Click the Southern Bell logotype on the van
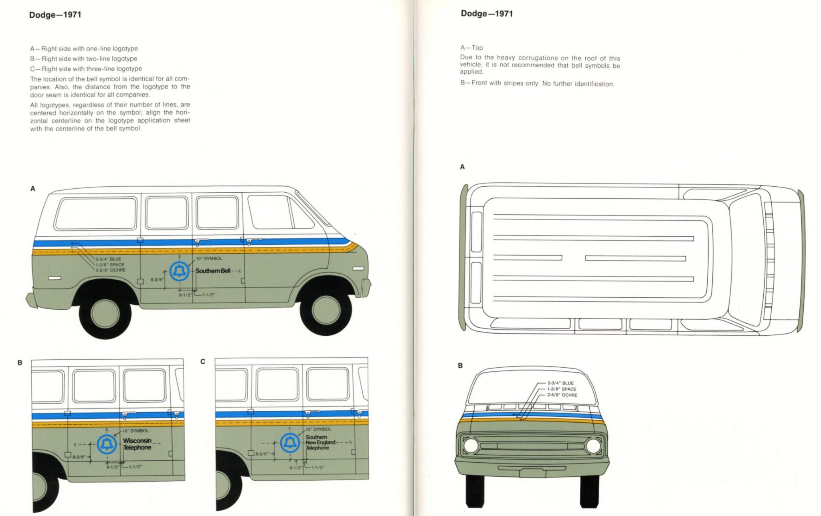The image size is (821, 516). point(213,271)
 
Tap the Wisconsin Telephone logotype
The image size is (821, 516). point(137,444)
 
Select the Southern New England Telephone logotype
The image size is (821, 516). point(320,442)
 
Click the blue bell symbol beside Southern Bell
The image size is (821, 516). point(179,271)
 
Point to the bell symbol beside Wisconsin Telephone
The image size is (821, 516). point(107,444)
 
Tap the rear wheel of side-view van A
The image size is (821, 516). point(105,313)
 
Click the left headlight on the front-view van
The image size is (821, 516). point(471,445)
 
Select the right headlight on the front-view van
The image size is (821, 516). point(593,445)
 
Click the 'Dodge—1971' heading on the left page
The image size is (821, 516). point(55,15)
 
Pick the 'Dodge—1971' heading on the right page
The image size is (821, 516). point(487,14)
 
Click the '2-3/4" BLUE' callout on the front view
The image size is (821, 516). point(560,383)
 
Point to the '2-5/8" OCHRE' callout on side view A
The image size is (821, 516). point(111,270)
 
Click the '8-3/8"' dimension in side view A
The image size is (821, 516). point(157,280)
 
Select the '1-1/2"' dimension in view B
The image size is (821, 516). point(135,467)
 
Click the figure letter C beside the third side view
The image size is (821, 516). point(203,362)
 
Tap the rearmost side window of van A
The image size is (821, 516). point(95,214)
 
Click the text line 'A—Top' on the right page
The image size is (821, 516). point(471,48)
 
